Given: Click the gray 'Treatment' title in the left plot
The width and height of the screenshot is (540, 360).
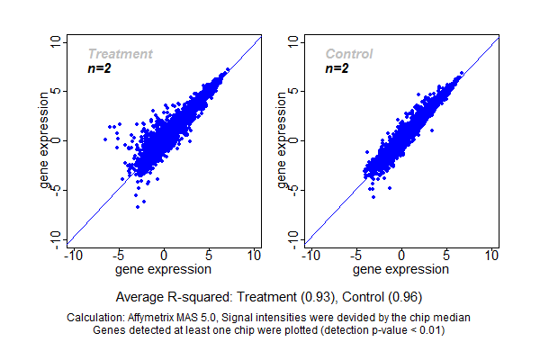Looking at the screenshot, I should (120, 54).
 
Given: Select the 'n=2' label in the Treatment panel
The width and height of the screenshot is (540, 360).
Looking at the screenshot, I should (99, 68).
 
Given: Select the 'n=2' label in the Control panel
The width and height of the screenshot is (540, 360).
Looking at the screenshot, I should (337, 68).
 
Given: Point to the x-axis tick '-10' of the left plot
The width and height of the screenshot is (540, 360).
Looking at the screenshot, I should (74, 256).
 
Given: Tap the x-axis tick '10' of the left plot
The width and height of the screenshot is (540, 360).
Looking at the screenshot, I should (254, 256).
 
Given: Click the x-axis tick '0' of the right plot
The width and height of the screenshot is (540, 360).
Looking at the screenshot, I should (402, 256).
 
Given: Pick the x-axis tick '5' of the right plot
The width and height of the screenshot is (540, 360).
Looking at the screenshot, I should (447, 256).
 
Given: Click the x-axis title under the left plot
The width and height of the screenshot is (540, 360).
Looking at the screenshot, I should (163, 268).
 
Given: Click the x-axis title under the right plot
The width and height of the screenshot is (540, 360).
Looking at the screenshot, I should (401, 268).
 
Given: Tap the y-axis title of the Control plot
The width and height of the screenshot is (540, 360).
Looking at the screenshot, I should (283, 141).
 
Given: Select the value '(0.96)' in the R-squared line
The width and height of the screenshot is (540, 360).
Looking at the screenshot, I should (404, 296).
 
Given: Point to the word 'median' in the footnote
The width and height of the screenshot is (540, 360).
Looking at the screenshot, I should (453, 318).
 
